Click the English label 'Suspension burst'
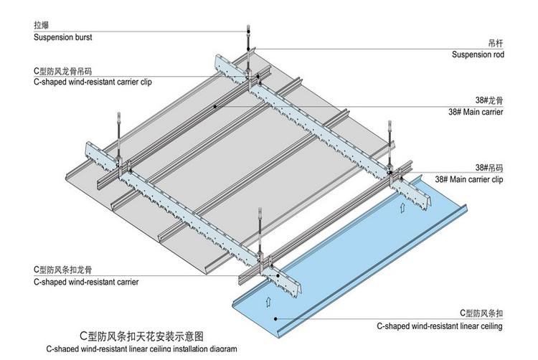coord(63,37)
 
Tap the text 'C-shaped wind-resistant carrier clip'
coord(93,82)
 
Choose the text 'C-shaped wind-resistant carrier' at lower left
coord(86,282)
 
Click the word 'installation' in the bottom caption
coord(186,349)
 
